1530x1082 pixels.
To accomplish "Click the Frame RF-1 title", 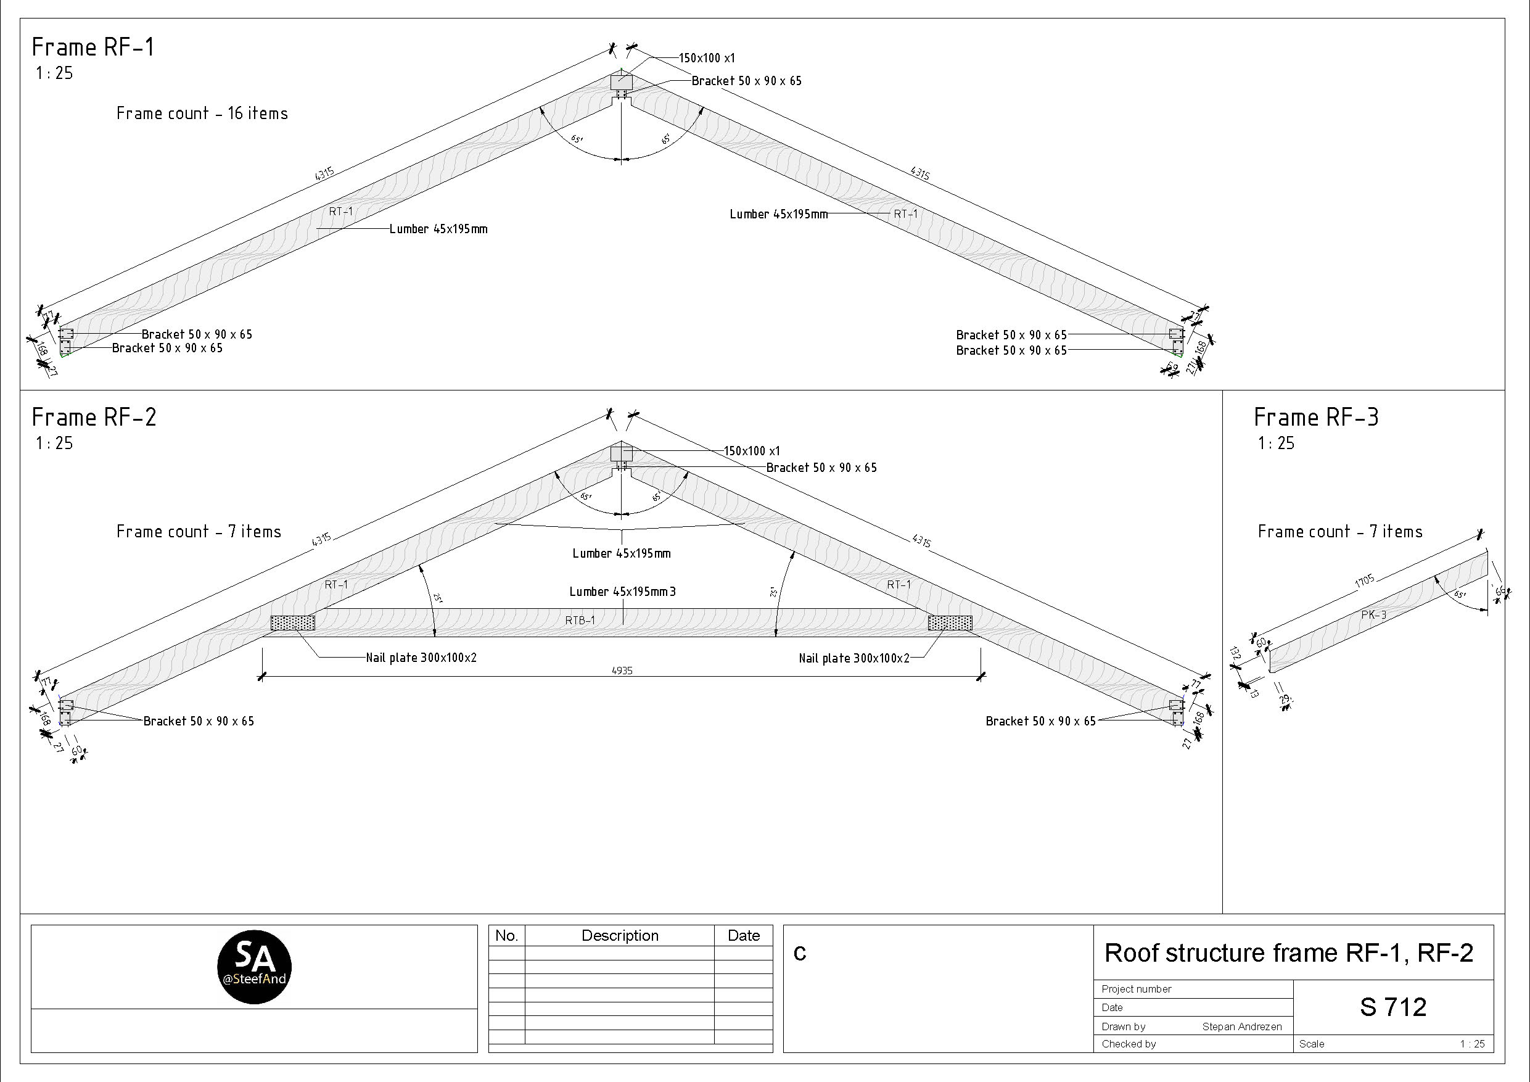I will click(93, 47).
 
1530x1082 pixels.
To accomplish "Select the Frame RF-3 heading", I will click(1315, 418).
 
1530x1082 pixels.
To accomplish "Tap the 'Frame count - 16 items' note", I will click(202, 114).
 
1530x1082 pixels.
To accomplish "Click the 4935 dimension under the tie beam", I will click(622, 671).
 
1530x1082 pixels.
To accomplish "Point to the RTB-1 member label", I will click(580, 621).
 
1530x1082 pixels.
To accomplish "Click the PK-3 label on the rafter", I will click(1373, 614).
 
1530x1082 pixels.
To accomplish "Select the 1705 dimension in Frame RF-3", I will click(1364, 580).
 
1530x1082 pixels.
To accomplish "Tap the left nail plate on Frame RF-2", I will click(292, 622).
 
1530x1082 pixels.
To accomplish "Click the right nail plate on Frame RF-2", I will click(950, 622).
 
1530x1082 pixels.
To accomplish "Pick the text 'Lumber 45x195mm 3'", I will click(622, 592).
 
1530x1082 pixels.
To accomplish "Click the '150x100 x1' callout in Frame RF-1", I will click(706, 59).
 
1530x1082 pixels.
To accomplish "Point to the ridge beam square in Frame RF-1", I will click(621, 82).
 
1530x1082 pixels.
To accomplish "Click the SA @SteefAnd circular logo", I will click(255, 967).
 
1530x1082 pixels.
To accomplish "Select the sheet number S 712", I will click(1392, 1007).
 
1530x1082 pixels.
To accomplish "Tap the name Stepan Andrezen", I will click(1241, 1026).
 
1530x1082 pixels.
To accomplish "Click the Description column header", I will click(620, 935).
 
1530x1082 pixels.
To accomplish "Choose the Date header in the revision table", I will click(744, 935).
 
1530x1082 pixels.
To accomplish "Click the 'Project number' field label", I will click(1136, 989).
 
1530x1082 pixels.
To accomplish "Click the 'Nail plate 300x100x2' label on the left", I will click(421, 658).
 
